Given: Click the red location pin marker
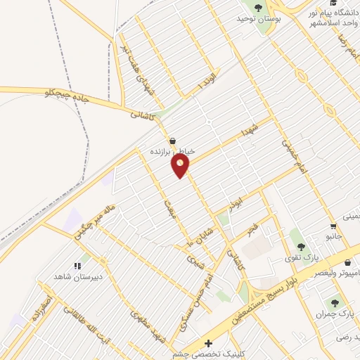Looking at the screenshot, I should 181,165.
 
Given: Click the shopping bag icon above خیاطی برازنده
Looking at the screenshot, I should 173,140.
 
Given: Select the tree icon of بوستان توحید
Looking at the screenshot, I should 258,8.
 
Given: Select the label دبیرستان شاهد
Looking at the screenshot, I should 78,277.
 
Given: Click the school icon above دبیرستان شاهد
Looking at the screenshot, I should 78,266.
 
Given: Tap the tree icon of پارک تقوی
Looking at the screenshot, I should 301,246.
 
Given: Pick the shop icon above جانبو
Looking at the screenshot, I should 333,226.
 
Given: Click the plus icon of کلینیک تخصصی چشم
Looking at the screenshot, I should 207,343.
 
